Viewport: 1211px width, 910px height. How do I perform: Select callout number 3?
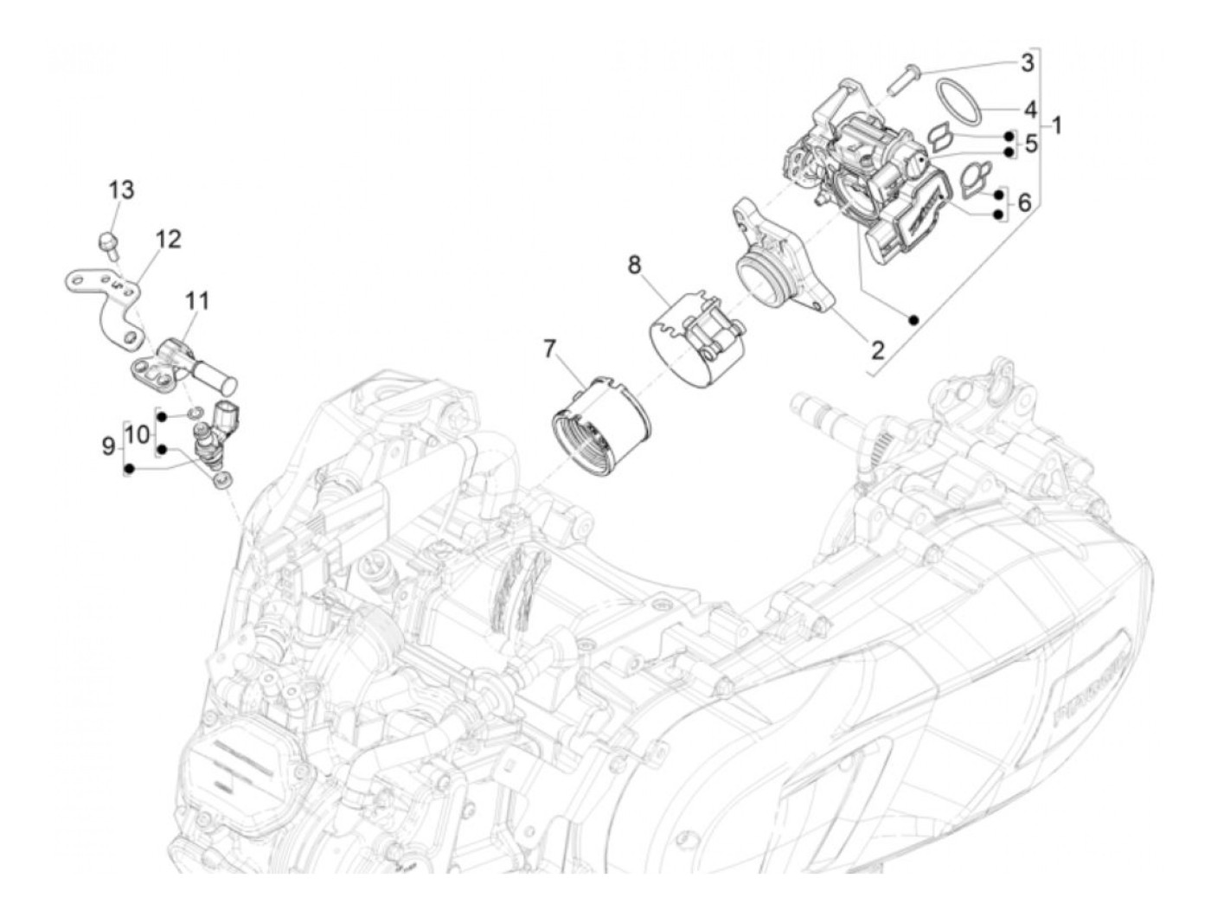1027,62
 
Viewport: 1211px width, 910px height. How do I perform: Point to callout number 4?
1029,110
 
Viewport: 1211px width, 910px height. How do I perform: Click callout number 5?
1030,144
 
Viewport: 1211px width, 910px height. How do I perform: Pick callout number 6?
1024,202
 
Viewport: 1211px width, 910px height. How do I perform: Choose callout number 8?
636,264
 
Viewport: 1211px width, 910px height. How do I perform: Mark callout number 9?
108,445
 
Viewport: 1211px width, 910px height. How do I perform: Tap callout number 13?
121,189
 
